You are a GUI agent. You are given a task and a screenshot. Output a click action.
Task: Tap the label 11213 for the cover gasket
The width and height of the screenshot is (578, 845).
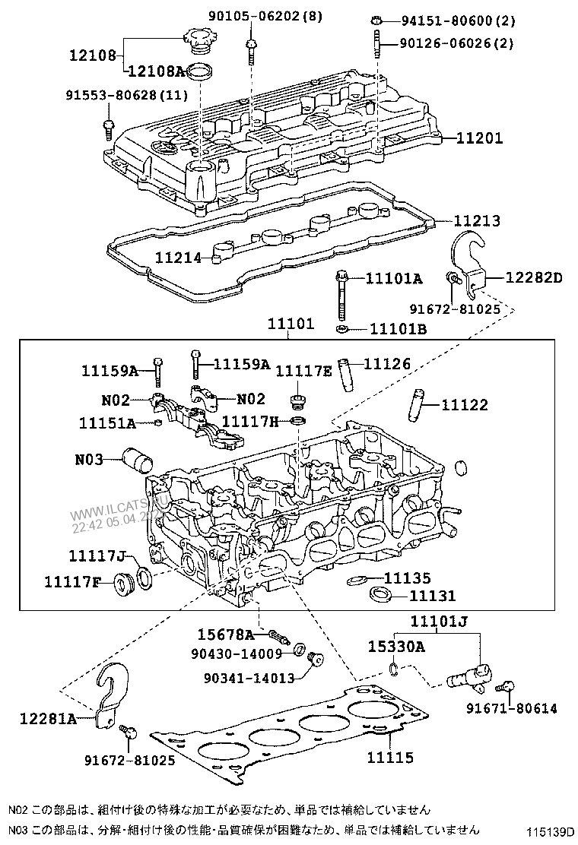(x=477, y=221)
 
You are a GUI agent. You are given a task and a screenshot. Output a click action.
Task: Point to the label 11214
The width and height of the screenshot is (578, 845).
(x=179, y=258)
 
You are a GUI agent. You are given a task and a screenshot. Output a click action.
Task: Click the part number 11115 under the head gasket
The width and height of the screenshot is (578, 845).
(x=390, y=758)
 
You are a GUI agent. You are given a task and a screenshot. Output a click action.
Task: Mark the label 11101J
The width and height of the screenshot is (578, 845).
(x=438, y=622)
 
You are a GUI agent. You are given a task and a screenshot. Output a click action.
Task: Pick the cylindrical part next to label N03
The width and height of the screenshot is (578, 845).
(x=138, y=460)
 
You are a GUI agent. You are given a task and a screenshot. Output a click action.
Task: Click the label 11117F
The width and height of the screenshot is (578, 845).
(x=73, y=582)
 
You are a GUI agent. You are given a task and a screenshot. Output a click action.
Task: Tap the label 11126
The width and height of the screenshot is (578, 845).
(x=386, y=365)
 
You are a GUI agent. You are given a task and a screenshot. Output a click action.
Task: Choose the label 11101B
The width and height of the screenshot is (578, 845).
(x=398, y=329)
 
